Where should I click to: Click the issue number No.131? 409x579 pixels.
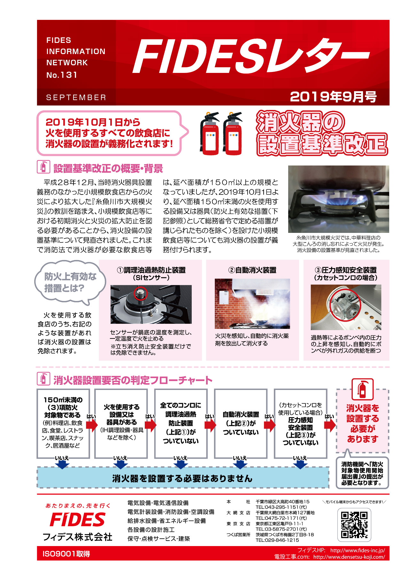click(x=62, y=75)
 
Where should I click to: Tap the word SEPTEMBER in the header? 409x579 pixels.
click(x=76, y=98)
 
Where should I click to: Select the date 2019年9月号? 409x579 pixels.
click(x=333, y=97)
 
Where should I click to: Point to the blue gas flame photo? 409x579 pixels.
click(x=338, y=199)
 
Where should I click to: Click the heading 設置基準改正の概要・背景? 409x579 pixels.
click(x=108, y=168)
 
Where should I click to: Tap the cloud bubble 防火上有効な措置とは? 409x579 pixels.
click(x=70, y=282)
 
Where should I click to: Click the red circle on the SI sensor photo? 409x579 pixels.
click(x=140, y=293)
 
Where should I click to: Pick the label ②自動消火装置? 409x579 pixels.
click(x=252, y=270)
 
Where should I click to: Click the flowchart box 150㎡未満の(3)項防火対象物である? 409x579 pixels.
click(x=63, y=423)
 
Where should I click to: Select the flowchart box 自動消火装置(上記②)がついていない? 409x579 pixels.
click(x=241, y=423)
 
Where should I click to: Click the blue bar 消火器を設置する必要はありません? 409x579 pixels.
click(x=182, y=478)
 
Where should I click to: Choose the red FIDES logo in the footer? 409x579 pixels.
click(x=78, y=520)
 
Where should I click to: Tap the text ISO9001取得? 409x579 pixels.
click(x=66, y=554)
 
